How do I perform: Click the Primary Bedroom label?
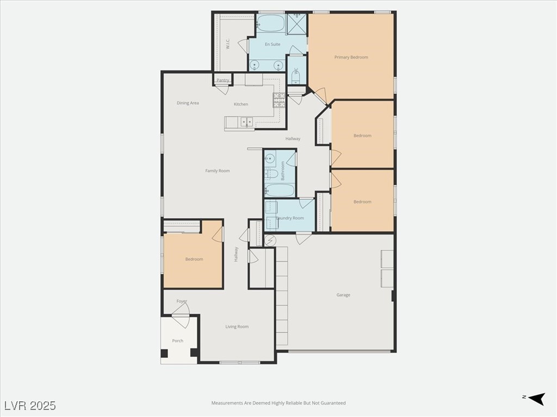(x=351, y=57)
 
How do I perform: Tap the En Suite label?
(x=273, y=44)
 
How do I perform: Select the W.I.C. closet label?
(x=228, y=43)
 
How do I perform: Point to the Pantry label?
(x=223, y=80)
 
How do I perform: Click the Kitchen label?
(x=241, y=104)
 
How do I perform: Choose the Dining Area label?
(x=188, y=103)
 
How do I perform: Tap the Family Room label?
(x=217, y=170)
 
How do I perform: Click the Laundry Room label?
(x=290, y=218)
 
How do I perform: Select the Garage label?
(x=343, y=295)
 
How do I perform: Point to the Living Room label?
(x=237, y=326)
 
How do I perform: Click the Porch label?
(x=177, y=341)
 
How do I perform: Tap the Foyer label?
(x=182, y=301)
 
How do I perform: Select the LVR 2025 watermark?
(x=30, y=405)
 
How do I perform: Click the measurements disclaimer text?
(x=278, y=403)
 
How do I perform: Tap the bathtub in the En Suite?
(x=270, y=23)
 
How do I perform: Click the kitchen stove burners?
(x=278, y=100)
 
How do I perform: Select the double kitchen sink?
(x=246, y=122)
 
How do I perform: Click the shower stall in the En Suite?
(x=297, y=24)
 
